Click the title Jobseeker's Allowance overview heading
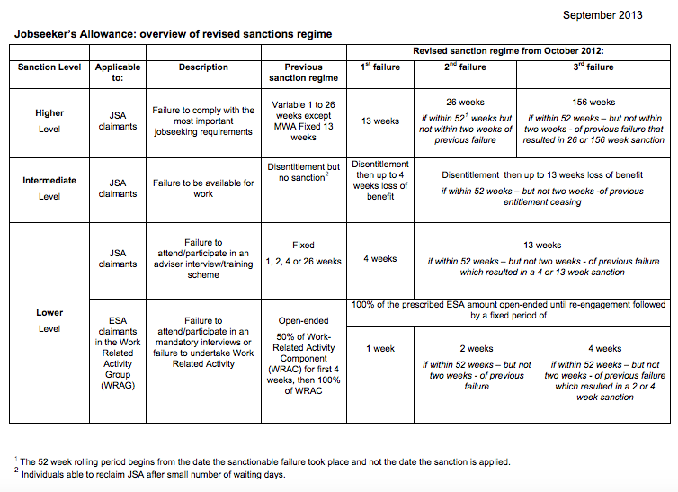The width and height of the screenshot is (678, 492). point(174,34)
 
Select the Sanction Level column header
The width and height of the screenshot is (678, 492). point(49,67)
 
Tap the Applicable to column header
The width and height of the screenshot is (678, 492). point(118,73)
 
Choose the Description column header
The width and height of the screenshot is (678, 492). point(203,67)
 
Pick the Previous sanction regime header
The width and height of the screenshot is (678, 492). point(304,73)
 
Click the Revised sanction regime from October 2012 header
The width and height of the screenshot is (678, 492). point(508,50)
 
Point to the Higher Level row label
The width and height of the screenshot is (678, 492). point(49,121)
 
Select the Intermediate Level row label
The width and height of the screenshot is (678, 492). point(49,188)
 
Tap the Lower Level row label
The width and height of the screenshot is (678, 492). point(49,320)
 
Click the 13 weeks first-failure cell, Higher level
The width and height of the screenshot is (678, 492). point(380,121)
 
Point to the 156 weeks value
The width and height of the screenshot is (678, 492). point(593,103)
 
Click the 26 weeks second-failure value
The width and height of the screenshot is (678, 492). point(465,103)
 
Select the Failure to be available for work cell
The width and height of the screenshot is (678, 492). point(203,188)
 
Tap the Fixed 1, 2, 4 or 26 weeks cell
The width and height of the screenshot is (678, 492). point(304,253)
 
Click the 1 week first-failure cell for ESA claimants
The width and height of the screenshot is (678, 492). point(380,348)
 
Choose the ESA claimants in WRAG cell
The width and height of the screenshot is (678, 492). point(118,353)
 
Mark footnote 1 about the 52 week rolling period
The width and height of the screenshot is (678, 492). point(265,461)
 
